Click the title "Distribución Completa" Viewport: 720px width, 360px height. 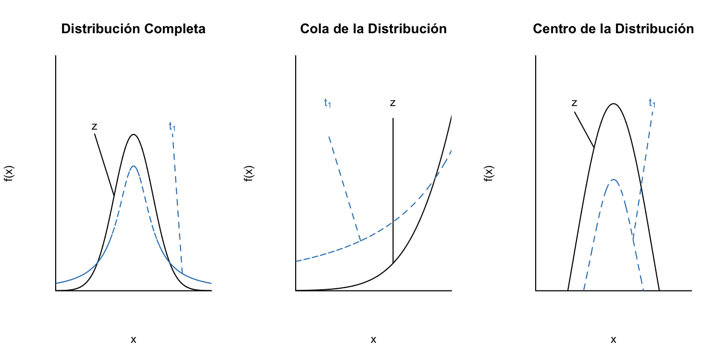click(x=133, y=29)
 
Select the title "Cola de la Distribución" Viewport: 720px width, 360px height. click(x=373, y=29)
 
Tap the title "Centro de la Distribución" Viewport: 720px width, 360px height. click(x=613, y=29)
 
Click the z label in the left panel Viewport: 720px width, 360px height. click(x=94, y=127)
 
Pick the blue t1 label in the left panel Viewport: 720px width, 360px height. click(x=172, y=126)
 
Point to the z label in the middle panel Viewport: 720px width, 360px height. click(x=393, y=103)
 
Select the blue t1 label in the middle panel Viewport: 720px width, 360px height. click(x=327, y=103)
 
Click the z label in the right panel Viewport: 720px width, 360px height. click(x=574, y=103)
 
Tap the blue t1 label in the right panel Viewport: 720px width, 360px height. click(x=651, y=103)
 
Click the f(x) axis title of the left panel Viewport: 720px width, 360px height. click(x=9, y=173)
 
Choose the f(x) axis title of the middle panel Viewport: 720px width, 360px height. click(x=249, y=173)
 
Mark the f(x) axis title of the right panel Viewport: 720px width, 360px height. click(x=489, y=173)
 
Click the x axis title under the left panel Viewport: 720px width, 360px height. click(x=133, y=339)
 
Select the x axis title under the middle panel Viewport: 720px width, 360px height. click(x=373, y=339)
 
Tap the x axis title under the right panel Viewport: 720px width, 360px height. click(x=613, y=339)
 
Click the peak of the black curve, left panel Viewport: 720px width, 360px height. click(x=133, y=134)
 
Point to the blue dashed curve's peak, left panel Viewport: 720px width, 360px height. click(x=133, y=166)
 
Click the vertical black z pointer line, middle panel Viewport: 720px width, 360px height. click(x=393, y=187)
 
